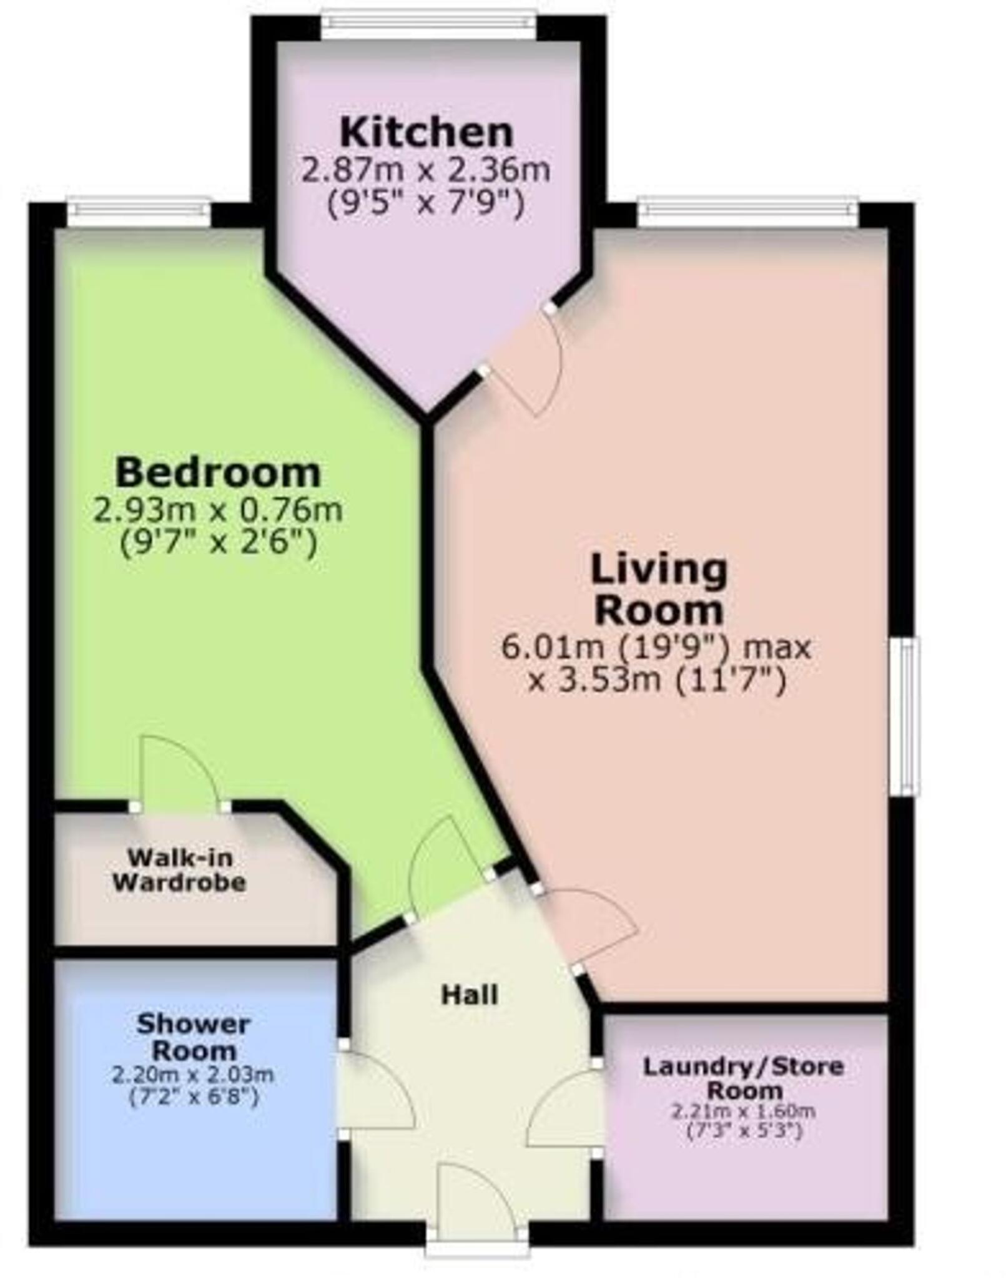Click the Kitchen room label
pyautogui.click(x=427, y=132)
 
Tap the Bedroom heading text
pyautogui.click(x=218, y=472)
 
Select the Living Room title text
pyautogui.click(x=659, y=590)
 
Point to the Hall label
pyautogui.click(x=470, y=995)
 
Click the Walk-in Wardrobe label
pyautogui.click(x=180, y=870)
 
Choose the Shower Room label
pyautogui.click(x=194, y=1037)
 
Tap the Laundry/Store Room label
pyautogui.click(x=744, y=1078)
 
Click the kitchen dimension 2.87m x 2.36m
pyautogui.click(x=427, y=170)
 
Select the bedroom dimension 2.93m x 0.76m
pyautogui.click(x=218, y=510)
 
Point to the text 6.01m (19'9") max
pyautogui.click(x=656, y=647)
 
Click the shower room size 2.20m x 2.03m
pyautogui.click(x=193, y=1075)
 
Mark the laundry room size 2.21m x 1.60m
pyautogui.click(x=744, y=1111)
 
